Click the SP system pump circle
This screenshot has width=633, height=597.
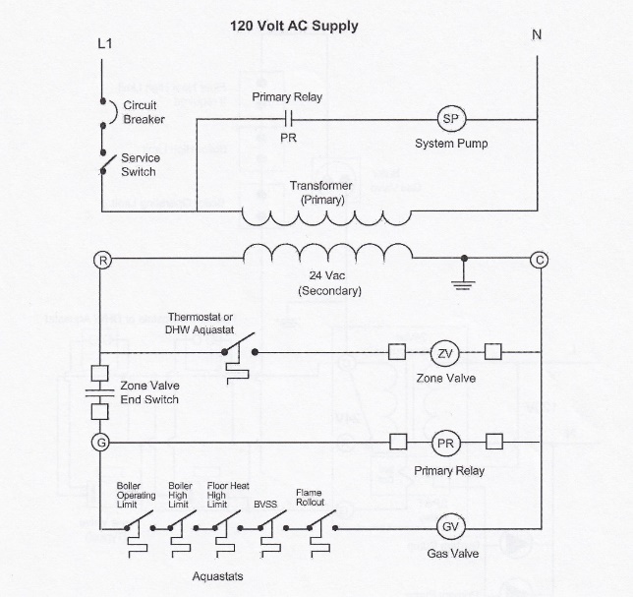(x=451, y=119)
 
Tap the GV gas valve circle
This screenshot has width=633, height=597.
(x=448, y=527)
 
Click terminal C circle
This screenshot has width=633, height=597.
(x=540, y=260)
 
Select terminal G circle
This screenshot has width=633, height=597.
(x=100, y=443)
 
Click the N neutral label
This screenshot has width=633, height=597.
(x=537, y=36)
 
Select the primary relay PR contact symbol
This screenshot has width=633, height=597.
(x=289, y=119)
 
